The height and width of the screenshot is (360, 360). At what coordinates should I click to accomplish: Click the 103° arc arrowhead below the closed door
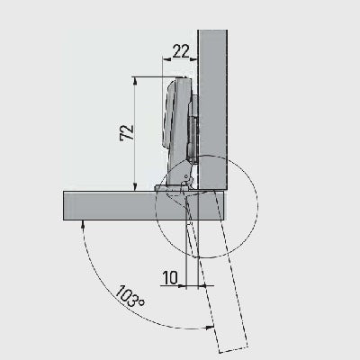pyautogui.click(x=83, y=225)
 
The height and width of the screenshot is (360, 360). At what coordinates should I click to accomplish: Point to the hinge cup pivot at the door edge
pyautogui.click(x=185, y=184)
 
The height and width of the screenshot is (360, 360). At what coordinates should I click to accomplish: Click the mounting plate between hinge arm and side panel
pyautogui.click(x=193, y=126)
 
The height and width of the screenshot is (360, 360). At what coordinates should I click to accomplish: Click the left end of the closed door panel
pyautogui.click(x=66, y=205)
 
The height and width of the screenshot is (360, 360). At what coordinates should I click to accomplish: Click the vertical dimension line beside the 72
pyautogui.click(x=135, y=135)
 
